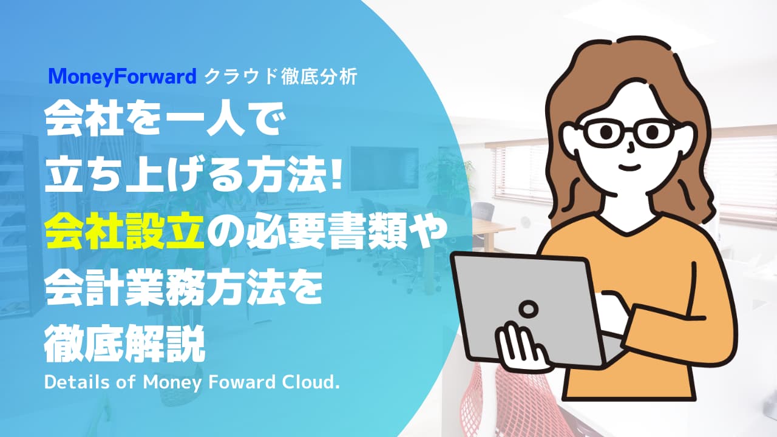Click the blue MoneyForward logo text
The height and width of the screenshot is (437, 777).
click(x=123, y=77)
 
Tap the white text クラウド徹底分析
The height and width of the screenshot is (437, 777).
click(x=280, y=77)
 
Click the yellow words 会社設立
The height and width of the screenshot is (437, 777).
click(x=124, y=231)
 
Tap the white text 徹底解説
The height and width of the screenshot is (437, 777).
click(x=124, y=344)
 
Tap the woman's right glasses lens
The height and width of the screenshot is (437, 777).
click(x=653, y=132)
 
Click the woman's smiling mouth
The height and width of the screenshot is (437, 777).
click(x=630, y=167)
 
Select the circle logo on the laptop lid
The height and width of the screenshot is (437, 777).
click(x=528, y=308)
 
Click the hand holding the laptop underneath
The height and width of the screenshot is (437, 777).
click(x=520, y=347)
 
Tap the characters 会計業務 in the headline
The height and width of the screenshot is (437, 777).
click(x=124, y=288)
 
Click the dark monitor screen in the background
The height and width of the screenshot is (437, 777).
click(x=384, y=169)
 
